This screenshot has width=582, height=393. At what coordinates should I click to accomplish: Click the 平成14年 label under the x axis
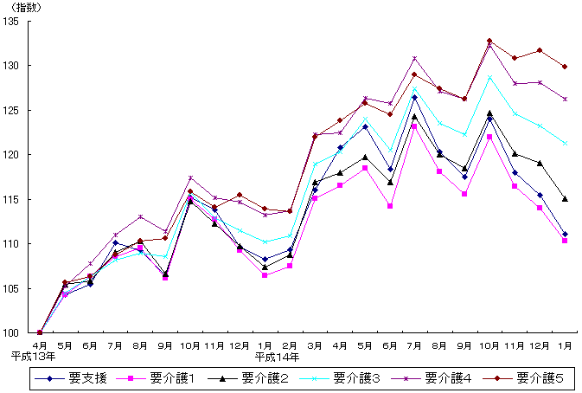pyautogui.click(x=278, y=356)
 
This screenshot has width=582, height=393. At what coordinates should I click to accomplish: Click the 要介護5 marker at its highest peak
pyautogui.click(x=489, y=41)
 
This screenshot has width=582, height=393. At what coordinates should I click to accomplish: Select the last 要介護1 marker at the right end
pyautogui.click(x=565, y=241)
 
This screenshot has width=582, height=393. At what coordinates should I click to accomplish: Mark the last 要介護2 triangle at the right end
pyautogui.click(x=565, y=199)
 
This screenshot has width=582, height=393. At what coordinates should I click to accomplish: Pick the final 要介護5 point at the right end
pyautogui.click(x=565, y=67)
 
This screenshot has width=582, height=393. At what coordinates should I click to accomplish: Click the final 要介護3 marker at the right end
pyautogui.click(x=565, y=144)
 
